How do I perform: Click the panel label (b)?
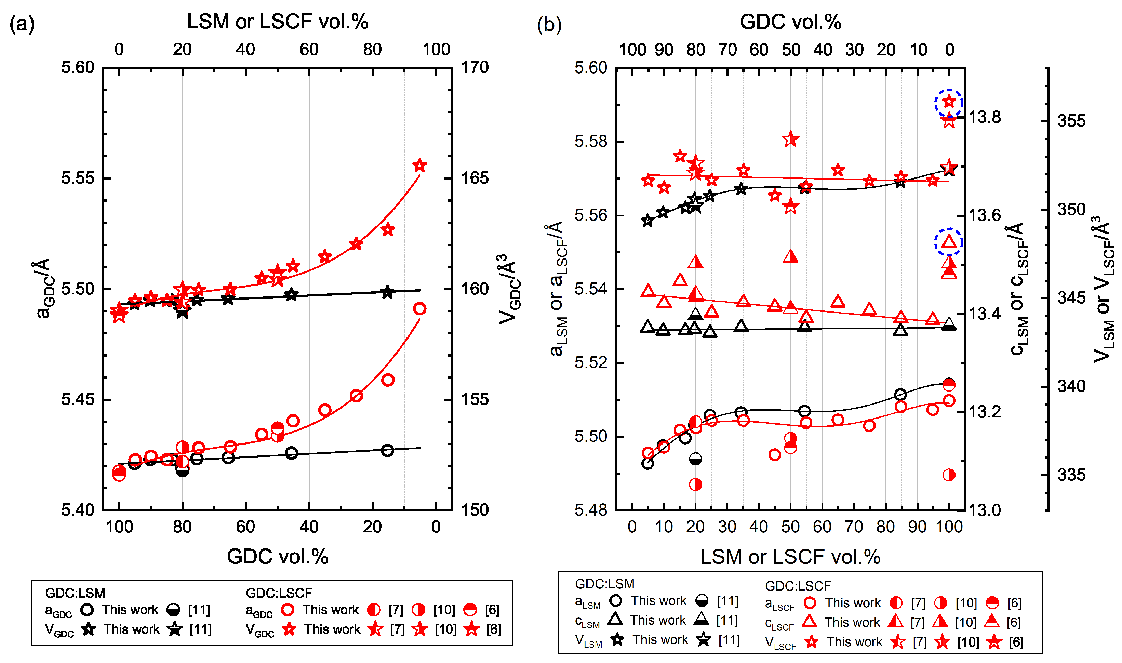click(x=549, y=25)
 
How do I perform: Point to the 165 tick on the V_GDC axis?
click(x=475, y=178)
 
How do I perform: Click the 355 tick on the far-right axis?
click(x=1071, y=121)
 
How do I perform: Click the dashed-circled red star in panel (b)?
click(x=949, y=102)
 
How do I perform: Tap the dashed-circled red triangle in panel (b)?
click(x=949, y=242)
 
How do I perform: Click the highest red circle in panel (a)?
click(x=419, y=309)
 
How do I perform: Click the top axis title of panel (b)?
click(x=790, y=22)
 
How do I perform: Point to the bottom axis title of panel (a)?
click(x=277, y=556)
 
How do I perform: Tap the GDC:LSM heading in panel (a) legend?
click(x=75, y=593)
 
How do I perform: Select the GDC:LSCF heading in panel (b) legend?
click(x=798, y=586)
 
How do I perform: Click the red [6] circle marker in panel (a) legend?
click(x=469, y=609)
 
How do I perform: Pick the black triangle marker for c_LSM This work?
click(x=615, y=619)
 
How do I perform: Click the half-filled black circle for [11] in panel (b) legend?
click(x=702, y=601)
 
